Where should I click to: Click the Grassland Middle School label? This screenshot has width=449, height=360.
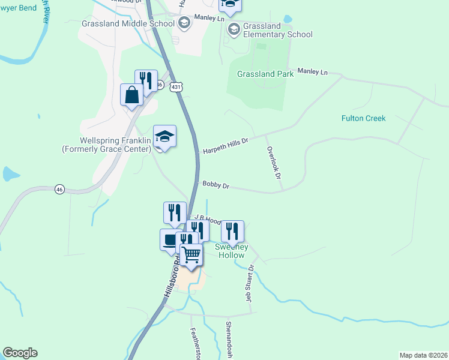pyautogui.click(x=127, y=24)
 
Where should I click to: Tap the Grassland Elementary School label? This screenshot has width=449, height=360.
pyautogui.click(x=278, y=30)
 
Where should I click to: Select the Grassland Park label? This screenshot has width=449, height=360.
pyautogui.click(x=265, y=74)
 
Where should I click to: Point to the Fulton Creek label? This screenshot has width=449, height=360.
pyautogui.click(x=363, y=118)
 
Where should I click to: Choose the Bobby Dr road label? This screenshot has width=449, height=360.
pyautogui.click(x=216, y=186)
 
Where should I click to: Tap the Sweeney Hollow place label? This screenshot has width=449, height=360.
pyautogui.click(x=231, y=251)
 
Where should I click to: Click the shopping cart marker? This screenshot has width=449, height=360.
pyautogui.click(x=191, y=254)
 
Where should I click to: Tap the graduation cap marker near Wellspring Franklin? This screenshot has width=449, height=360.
pyautogui.click(x=164, y=136)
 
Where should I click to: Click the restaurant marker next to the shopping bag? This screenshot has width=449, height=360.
pyautogui.click(x=146, y=80)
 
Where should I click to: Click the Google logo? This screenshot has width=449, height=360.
pyautogui.click(x=20, y=353)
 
